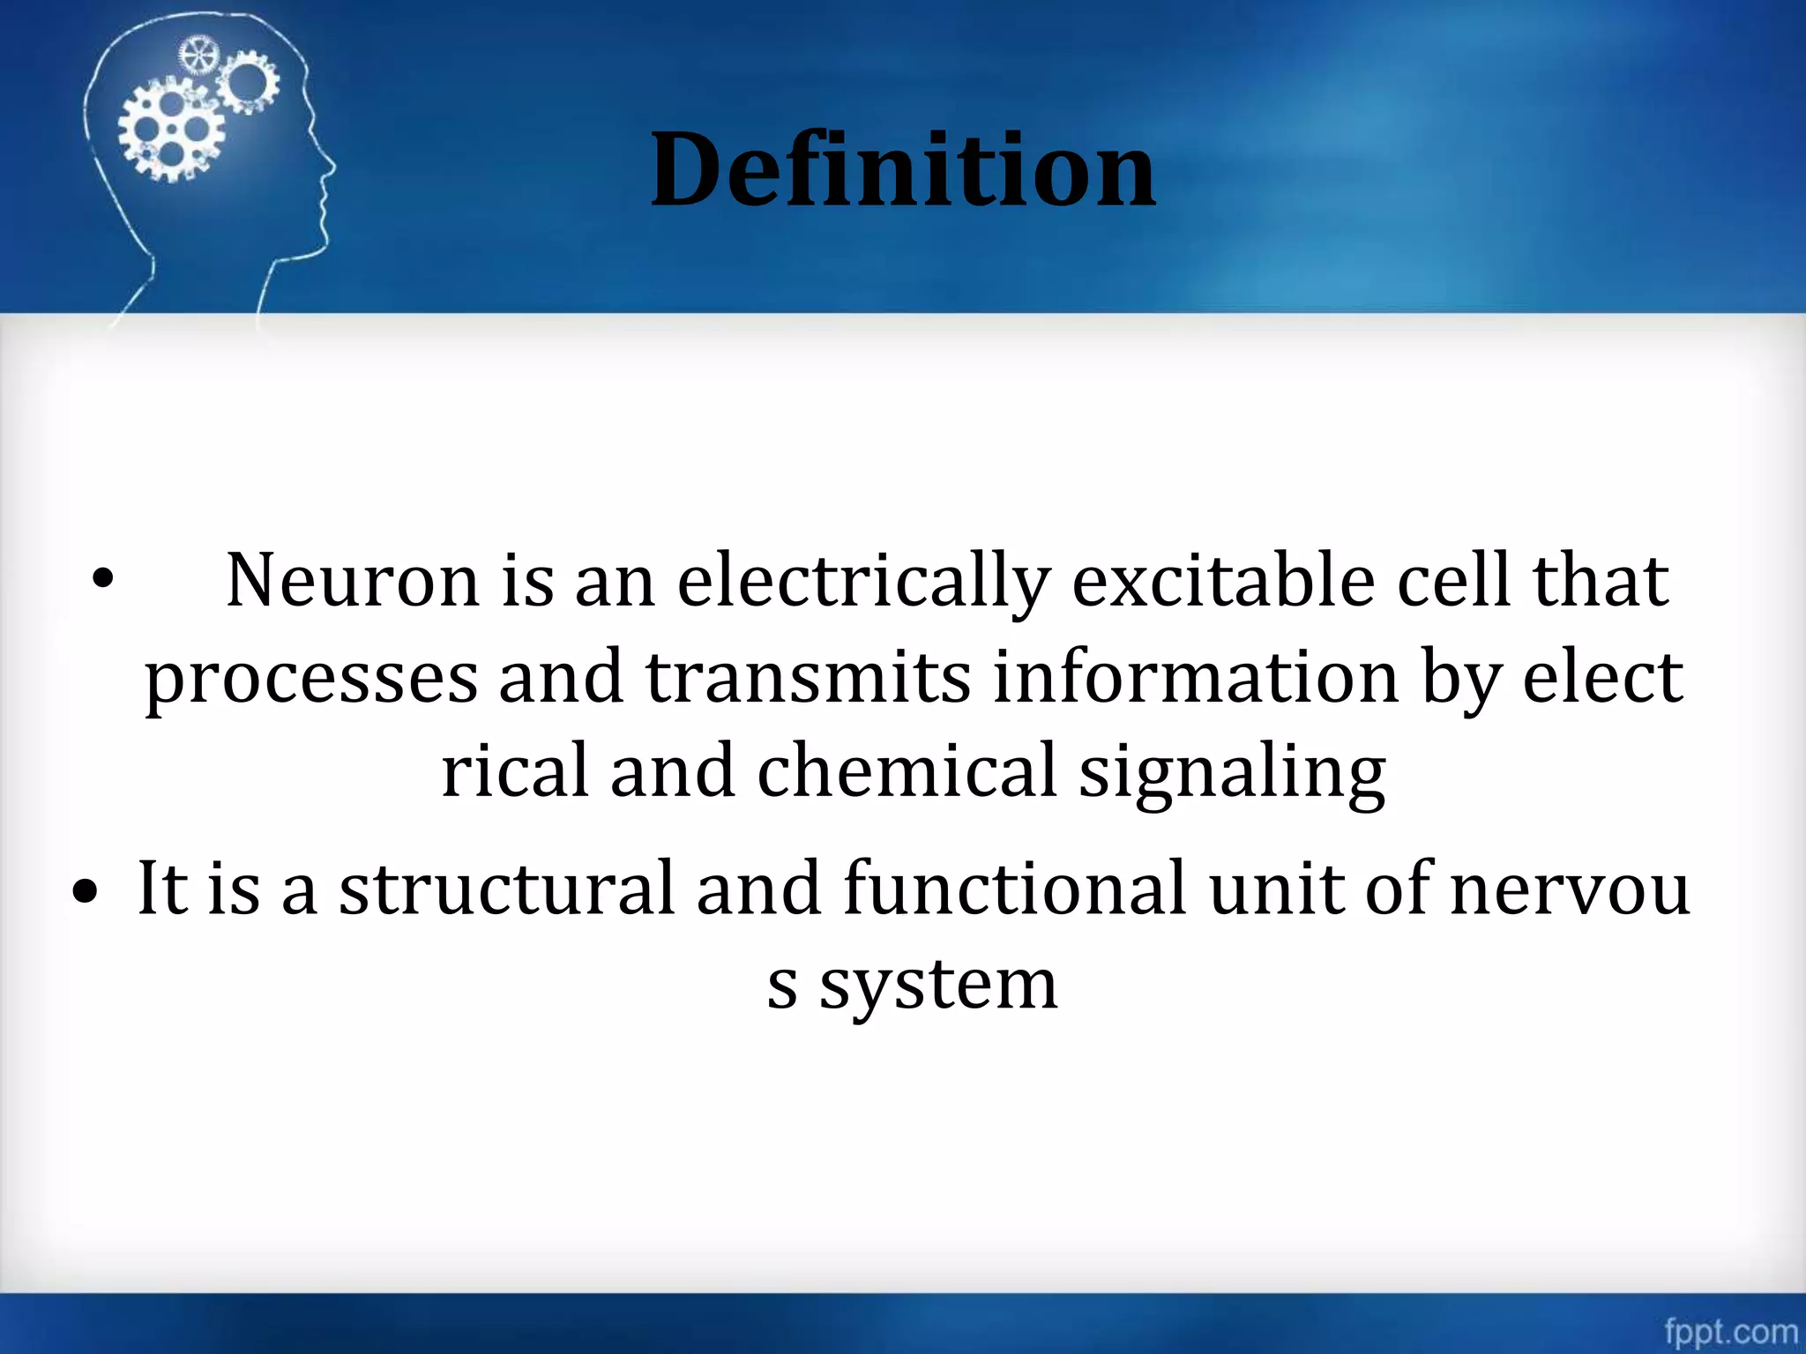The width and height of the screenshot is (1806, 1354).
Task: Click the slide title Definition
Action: click(x=903, y=169)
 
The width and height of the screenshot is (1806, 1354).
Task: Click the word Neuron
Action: click(x=353, y=582)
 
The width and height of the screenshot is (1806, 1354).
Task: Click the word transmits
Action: click(x=808, y=677)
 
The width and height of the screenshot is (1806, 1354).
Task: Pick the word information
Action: click(x=1197, y=677)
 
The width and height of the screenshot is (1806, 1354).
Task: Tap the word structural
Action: click(x=507, y=889)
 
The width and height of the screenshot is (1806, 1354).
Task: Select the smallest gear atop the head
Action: click(x=198, y=56)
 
